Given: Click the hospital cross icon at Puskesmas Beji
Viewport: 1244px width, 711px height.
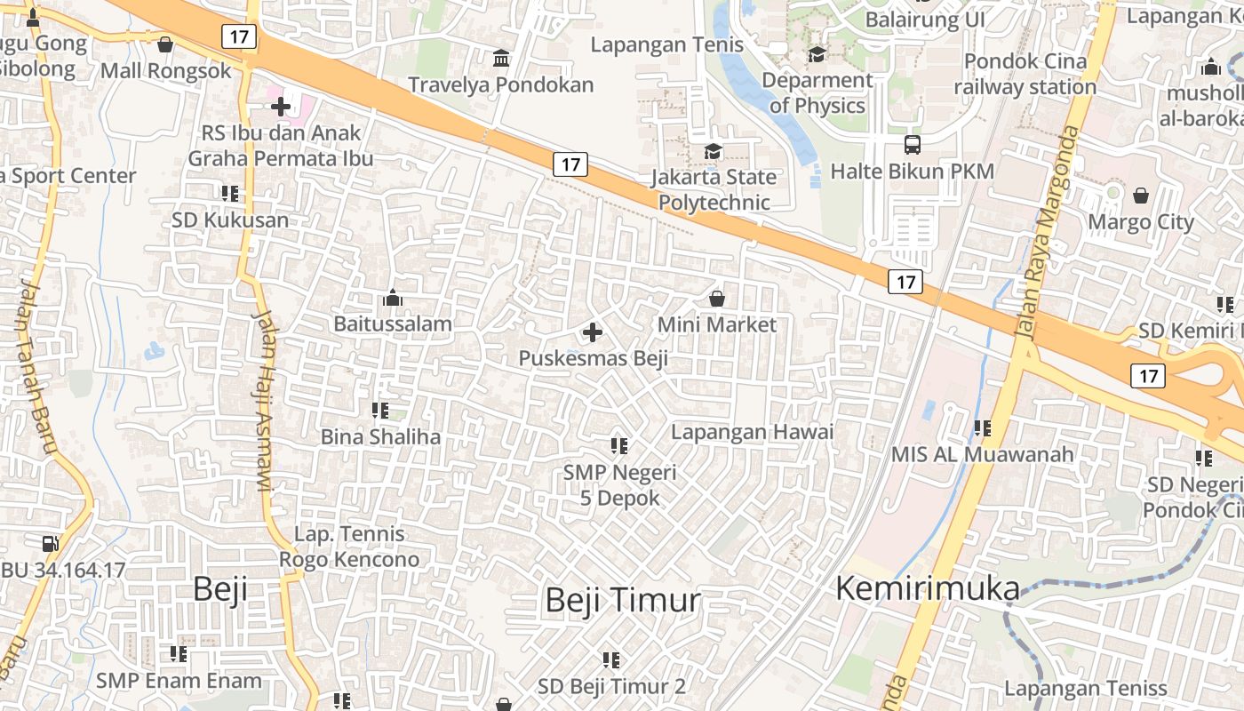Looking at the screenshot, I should [593, 333].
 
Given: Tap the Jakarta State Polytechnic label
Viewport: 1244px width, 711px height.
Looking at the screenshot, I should [714, 189].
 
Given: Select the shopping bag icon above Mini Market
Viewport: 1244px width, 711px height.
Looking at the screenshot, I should [717, 299].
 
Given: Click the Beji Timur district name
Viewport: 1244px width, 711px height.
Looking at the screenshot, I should [622, 600].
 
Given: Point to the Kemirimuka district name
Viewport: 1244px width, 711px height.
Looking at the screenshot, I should [928, 588].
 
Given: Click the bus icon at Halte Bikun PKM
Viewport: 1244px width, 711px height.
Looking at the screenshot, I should [912, 145].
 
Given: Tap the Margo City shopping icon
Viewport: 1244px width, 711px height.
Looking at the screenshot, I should [1141, 196].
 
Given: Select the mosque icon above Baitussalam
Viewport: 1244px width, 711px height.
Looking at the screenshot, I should [392, 298].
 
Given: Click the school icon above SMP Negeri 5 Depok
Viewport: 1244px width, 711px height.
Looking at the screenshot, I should [619, 445].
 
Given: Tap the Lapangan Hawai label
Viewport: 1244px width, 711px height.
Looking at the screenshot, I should [752, 432].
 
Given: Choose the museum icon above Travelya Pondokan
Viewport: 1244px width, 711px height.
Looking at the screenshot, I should [501, 59].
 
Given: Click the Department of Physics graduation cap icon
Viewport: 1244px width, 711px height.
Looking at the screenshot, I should [817, 55].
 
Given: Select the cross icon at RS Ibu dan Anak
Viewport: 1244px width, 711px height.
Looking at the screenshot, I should [281, 107].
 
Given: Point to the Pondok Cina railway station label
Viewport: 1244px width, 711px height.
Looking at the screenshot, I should [1025, 74].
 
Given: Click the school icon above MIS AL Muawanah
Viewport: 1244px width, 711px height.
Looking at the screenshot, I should [982, 428].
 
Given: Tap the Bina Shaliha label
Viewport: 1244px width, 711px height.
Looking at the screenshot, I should [380, 436].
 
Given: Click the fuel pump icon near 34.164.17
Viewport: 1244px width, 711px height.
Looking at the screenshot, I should [51, 543].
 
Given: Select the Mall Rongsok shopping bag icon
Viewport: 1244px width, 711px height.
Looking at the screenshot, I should [164, 44].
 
